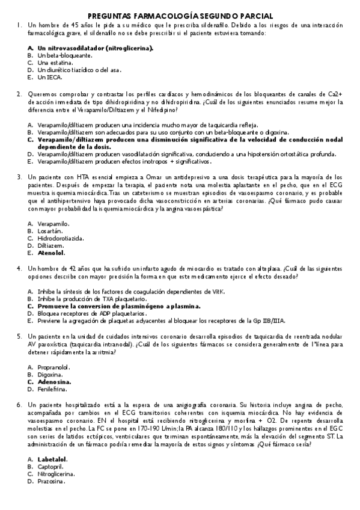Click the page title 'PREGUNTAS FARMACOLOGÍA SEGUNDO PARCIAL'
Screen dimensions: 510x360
coord(180,16)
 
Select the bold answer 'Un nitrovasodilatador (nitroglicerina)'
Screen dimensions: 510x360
coord(95,47)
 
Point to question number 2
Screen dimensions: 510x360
coord(20,94)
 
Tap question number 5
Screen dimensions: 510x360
coord(20,337)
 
